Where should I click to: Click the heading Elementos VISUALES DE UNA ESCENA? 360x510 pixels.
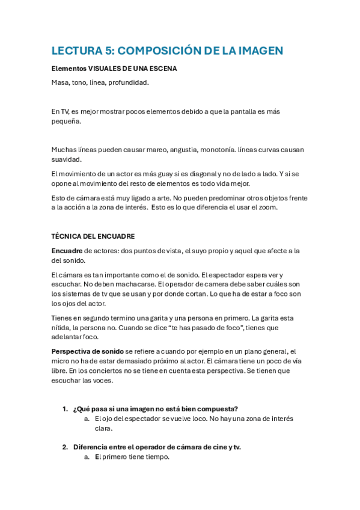tap(114, 69)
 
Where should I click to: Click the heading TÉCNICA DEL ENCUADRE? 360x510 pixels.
tap(93, 236)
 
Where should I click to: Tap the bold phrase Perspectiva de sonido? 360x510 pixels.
tap(87, 352)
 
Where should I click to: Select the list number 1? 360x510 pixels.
tap(64, 409)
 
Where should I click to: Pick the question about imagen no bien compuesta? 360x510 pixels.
tap(156, 409)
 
